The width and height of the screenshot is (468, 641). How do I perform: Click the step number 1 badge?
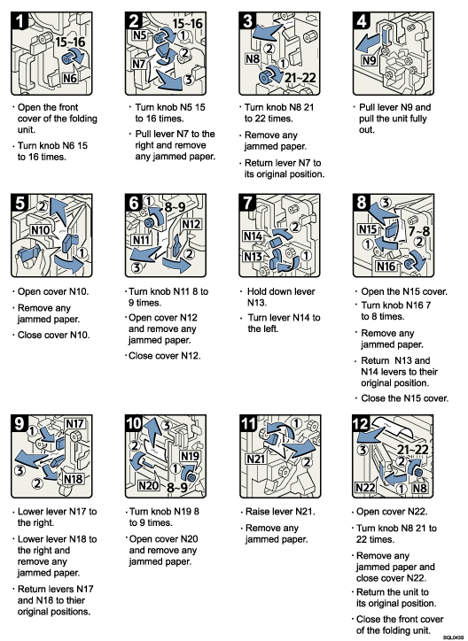tap(22, 19)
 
